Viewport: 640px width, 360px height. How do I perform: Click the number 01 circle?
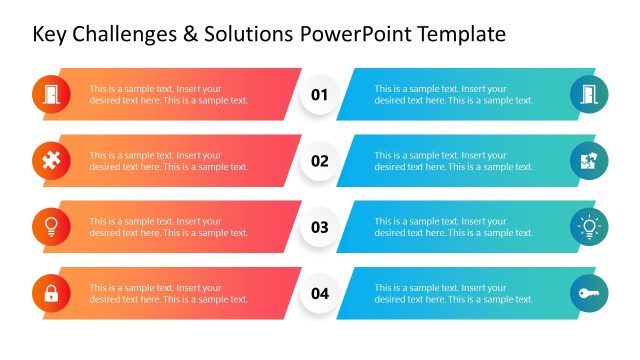[x=320, y=95]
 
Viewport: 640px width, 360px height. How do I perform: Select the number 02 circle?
[x=320, y=161]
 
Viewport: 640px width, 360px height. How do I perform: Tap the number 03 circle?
[x=320, y=227]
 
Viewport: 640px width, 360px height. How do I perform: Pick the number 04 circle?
[x=320, y=293]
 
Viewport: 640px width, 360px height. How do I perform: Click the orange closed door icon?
[x=51, y=95]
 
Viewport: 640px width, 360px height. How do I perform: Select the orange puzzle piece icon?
[x=51, y=161]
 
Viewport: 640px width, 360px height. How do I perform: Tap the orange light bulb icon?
[x=51, y=227]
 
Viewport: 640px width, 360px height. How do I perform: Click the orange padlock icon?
[x=51, y=293]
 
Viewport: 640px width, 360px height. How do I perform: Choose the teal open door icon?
[x=589, y=95]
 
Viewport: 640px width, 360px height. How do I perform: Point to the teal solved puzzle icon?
[x=589, y=161]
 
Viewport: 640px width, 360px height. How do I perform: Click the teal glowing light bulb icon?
[x=589, y=227]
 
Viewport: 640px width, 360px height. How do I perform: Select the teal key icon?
[x=589, y=293]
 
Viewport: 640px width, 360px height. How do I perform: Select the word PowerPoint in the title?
[x=356, y=35]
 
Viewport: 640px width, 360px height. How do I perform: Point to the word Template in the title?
[x=461, y=35]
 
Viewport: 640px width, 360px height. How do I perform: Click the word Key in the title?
[x=50, y=35]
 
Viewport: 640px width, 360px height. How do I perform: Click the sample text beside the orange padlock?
[x=168, y=293]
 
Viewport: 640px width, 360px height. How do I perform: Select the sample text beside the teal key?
[x=453, y=293]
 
